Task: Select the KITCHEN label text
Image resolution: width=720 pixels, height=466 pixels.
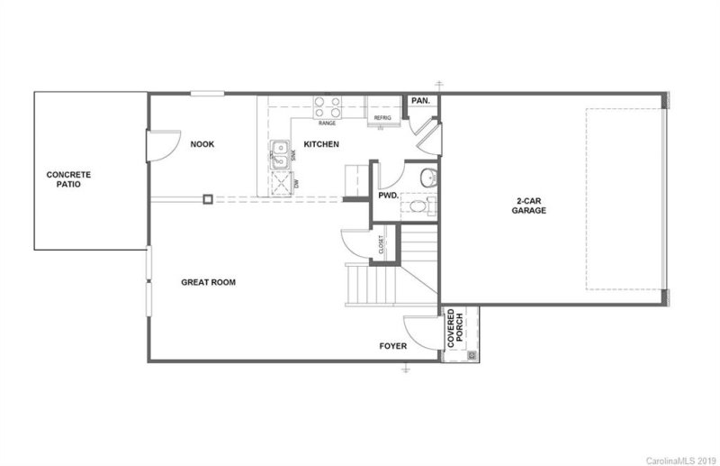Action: [320, 144]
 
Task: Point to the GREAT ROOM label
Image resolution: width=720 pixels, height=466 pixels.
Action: [208, 282]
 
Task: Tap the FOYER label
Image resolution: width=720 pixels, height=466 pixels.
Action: [392, 345]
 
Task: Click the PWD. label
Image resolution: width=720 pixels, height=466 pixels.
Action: [388, 195]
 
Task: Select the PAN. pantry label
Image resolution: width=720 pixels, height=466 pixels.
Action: [419, 101]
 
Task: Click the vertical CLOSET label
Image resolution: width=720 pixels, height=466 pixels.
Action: [382, 244]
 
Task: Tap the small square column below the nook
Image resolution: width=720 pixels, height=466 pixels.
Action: [207, 199]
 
